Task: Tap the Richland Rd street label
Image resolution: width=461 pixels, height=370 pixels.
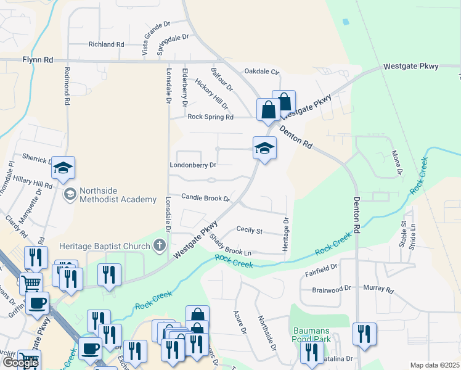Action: coord(106,44)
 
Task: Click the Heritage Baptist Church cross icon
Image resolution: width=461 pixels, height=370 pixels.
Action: coord(160,246)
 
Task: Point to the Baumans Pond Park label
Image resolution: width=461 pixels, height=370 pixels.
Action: coord(312,334)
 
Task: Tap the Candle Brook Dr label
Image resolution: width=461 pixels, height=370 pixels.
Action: coord(205,198)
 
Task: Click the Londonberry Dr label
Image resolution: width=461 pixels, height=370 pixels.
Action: coord(193,165)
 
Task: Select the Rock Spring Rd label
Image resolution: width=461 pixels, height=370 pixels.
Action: coord(210,117)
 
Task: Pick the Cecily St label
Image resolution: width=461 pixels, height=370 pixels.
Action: coord(250,230)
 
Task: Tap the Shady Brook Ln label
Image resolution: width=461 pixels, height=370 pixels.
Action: coord(230,245)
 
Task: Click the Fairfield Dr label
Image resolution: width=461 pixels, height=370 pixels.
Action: coord(321,268)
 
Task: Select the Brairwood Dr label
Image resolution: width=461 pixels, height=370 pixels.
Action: coord(331,288)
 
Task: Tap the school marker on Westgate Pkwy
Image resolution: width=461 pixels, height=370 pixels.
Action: coord(264,147)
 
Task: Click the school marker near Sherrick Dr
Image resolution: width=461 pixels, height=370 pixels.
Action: coord(63,167)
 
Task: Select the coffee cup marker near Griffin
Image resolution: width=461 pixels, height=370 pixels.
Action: coord(38,303)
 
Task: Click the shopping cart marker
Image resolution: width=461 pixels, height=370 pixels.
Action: coord(31,284)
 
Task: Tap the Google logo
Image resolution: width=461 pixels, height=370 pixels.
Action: coord(20,363)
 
